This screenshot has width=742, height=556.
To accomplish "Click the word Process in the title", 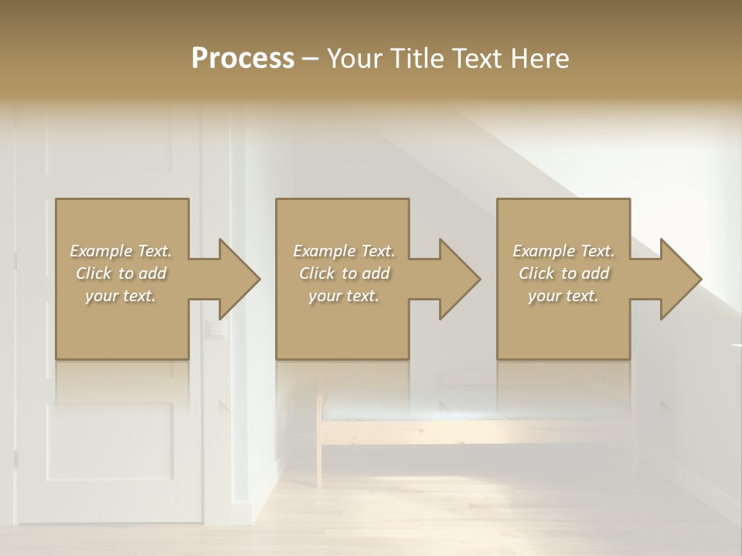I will (x=243, y=59).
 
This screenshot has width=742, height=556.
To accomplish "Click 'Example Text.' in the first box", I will (x=121, y=251).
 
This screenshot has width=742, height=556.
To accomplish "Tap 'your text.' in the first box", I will (x=121, y=296).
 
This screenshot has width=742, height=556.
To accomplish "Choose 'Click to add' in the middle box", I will (x=344, y=273).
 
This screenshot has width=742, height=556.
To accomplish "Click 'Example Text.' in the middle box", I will (x=344, y=251).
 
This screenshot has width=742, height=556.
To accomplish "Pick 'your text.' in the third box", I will (x=563, y=296).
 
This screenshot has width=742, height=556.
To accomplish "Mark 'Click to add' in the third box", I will (x=563, y=273).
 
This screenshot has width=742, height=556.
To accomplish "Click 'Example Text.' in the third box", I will (x=563, y=251).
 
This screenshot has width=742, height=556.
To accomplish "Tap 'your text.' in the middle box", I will (x=344, y=296).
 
